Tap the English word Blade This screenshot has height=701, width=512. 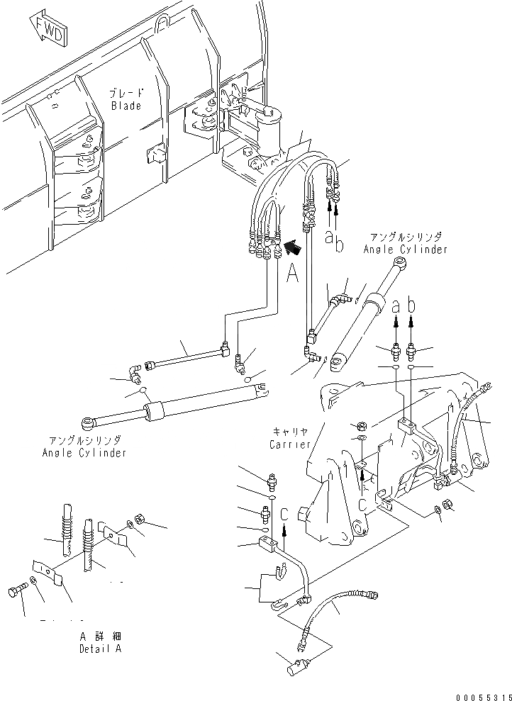click(126, 106)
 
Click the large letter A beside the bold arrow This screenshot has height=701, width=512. click(292, 273)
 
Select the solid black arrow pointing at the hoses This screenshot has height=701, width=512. click(291, 247)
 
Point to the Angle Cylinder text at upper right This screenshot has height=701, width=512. click(405, 249)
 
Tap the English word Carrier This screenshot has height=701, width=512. click(290, 444)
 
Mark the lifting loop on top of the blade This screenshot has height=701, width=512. click(162, 27)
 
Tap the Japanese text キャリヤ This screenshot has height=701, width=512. click(290, 432)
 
